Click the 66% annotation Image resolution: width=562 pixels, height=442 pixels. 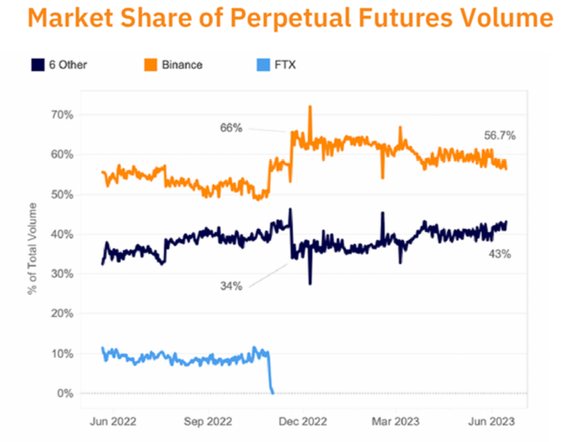231,128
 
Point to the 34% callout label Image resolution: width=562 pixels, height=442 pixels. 231,286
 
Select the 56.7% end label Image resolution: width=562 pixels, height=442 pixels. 499,136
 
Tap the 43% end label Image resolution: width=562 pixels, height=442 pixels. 499,253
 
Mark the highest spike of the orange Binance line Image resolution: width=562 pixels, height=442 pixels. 309,107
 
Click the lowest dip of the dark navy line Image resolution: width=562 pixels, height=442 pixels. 309,283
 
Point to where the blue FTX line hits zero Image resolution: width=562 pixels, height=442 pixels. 272,392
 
